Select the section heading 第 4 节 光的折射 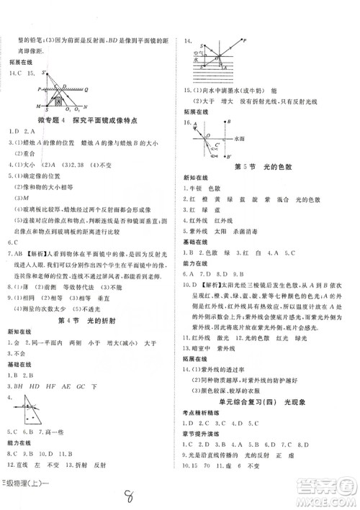[91, 319]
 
